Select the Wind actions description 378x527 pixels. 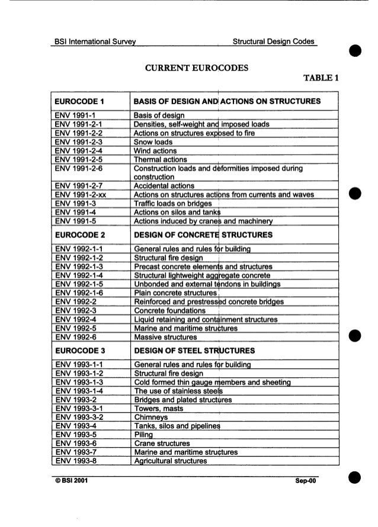coord(156,152)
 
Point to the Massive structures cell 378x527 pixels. coord(165,337)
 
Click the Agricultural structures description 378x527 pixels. coord(171,461)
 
